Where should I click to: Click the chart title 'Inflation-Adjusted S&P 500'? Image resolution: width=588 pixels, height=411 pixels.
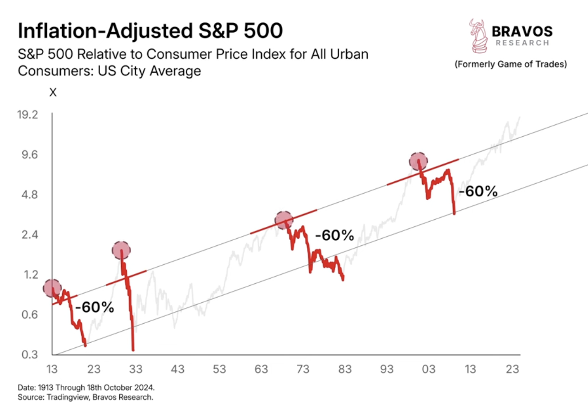(x=150, y=31)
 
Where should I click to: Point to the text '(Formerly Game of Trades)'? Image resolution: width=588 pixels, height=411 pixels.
(x=511, y=64)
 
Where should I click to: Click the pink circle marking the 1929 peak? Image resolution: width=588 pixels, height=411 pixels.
(x=121, y=250)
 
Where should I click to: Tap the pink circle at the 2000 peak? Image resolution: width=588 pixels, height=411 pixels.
(x=418, y=161)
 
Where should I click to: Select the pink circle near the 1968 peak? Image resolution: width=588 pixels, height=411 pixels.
(x=284, y=220)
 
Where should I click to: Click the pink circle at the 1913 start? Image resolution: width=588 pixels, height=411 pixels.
(x=52, y=288)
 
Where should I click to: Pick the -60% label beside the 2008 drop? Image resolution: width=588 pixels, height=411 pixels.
(x=477, y=191)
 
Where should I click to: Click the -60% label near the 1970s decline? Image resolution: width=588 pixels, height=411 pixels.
(x=334, y=235)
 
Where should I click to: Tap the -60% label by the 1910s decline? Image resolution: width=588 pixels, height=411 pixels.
(x=95, y=307)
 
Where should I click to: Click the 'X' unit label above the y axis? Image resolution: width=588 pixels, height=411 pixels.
(x=53, y=93)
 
